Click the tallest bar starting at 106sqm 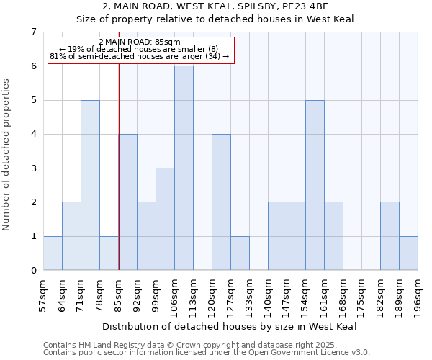click(x=184, y=168)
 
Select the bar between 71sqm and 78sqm click(x=90, y=185)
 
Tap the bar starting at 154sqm click(x=315, y=185)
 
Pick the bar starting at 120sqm click(x=221, y=202)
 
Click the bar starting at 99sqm click(x=165, y=219)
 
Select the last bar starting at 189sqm click(x=408, y=253)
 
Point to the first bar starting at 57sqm click(x=53, y=253)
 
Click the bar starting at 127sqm click(x=240, y=253)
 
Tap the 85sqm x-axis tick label click(x=119, y=293)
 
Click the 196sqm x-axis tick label click(x=418, y=293)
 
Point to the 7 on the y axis click(x=33, y=32)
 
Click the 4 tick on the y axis click(x=33, y=135)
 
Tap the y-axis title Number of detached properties click(x=7, y=156)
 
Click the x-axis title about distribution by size click(x=235, y=326)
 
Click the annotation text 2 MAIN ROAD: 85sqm click(x=140, y=42)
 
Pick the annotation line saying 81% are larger click(x=140, y=56)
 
